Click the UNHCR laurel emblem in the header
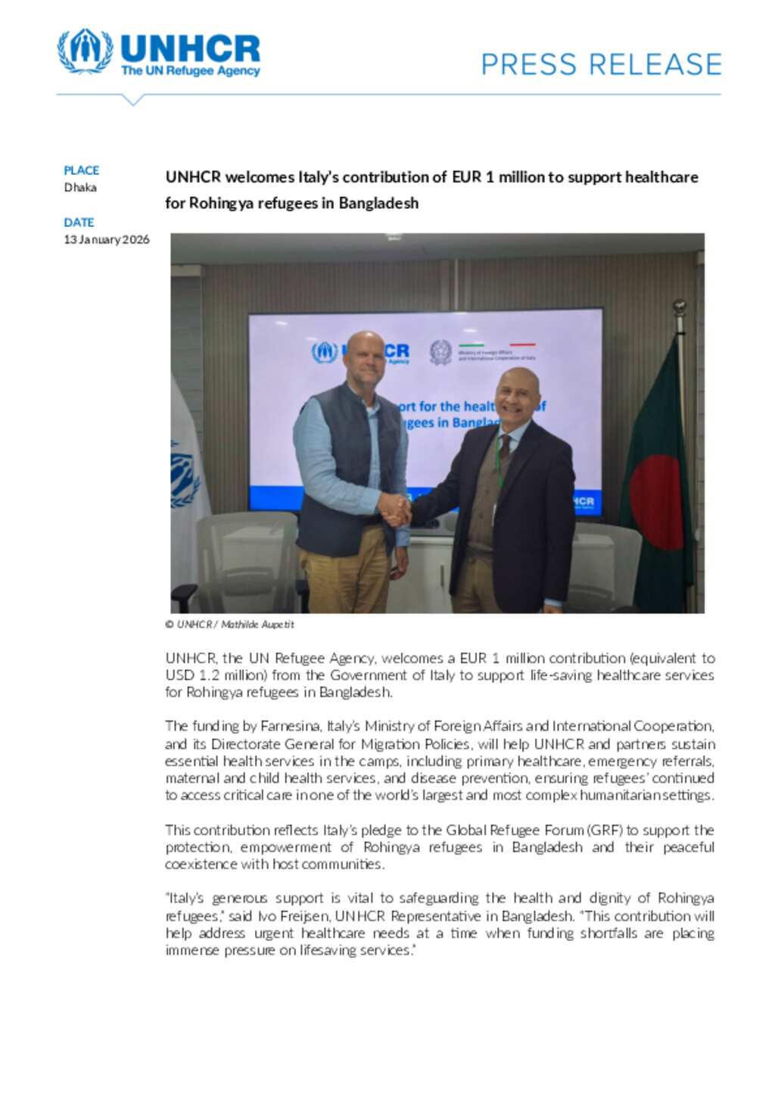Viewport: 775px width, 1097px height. [85, 51]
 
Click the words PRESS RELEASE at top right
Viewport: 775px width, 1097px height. [601, 64]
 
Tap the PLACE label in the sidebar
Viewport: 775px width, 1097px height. [81, 170]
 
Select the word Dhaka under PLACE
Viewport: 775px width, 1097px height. [80, 188]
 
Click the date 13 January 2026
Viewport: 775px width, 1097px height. [107, 240]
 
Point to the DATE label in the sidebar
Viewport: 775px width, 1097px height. [79, 223]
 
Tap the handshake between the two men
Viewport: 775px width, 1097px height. [394, 509]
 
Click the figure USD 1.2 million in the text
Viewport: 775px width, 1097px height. [216, 675]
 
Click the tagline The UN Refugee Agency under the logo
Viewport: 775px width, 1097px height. [190, 71]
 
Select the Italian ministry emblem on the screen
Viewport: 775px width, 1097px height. [440, 353]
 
